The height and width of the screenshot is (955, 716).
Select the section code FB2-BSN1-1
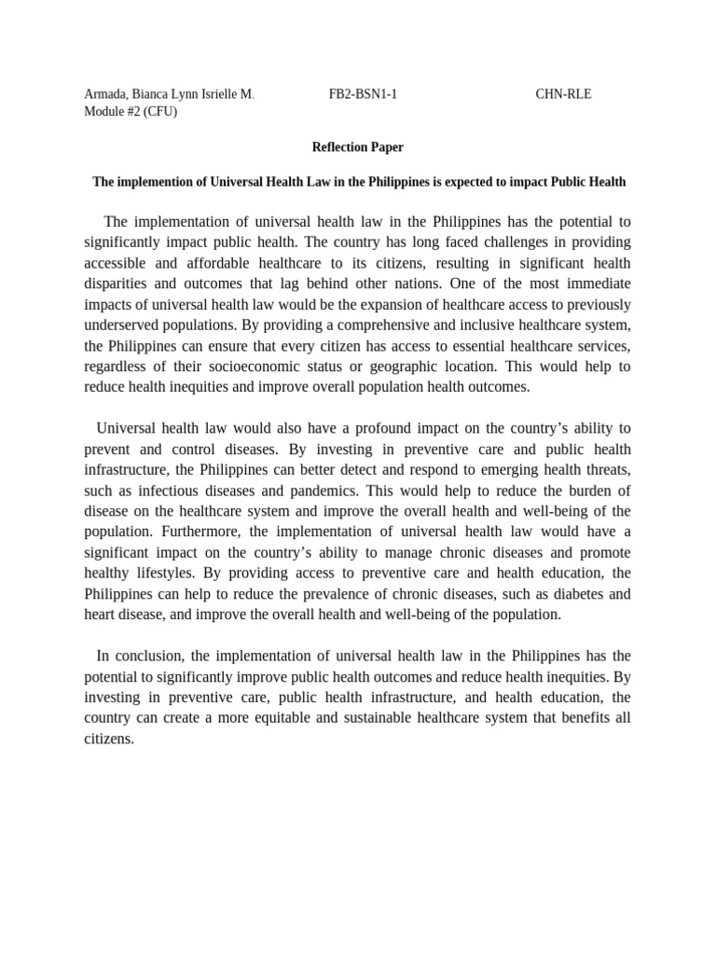click(363, 94)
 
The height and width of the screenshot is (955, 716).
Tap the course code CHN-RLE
click(563, 94)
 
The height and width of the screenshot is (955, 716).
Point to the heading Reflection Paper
click(357, 147)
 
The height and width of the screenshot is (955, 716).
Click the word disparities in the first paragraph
click(112, 284)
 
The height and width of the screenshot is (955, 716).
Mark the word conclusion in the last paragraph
click(148, 656)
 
